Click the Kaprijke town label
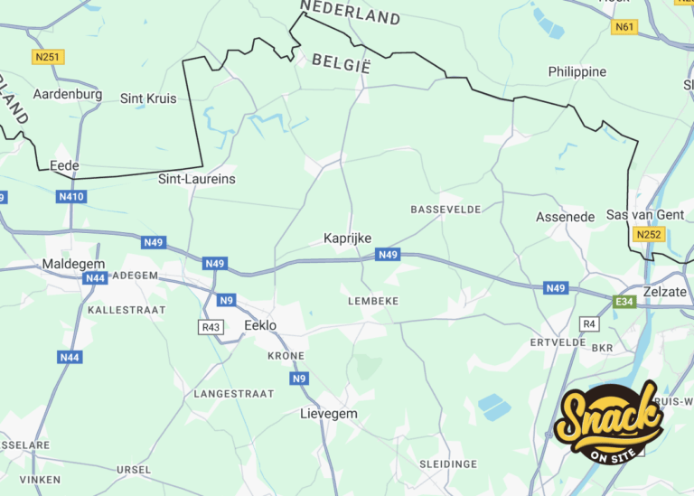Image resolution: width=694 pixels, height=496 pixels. [348, 239]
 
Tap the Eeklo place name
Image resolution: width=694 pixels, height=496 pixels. [260, 325]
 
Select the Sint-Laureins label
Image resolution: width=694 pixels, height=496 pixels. [197, 179]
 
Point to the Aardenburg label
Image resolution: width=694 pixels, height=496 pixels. [68, 94]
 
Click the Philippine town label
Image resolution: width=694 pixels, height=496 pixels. [577, 71]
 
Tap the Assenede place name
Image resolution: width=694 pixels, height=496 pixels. [566, 217]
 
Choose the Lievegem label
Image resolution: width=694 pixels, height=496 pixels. [328, 414]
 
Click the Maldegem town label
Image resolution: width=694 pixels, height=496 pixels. [73, 264]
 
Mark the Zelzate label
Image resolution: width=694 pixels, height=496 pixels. [664, 292]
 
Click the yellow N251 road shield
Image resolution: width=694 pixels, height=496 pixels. [48, 57]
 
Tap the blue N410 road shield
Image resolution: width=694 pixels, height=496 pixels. [71, 197]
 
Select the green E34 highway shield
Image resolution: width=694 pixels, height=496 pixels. [624, 302]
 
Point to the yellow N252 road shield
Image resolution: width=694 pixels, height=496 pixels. [649, 235]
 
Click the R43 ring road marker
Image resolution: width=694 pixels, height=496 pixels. [211, 326]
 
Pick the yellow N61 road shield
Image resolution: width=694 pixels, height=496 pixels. [624, 27]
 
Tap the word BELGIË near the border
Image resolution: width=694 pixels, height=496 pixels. [342, 63]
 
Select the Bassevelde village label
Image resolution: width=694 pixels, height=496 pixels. [445, 210]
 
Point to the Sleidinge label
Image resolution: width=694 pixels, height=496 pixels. [448, 463]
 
